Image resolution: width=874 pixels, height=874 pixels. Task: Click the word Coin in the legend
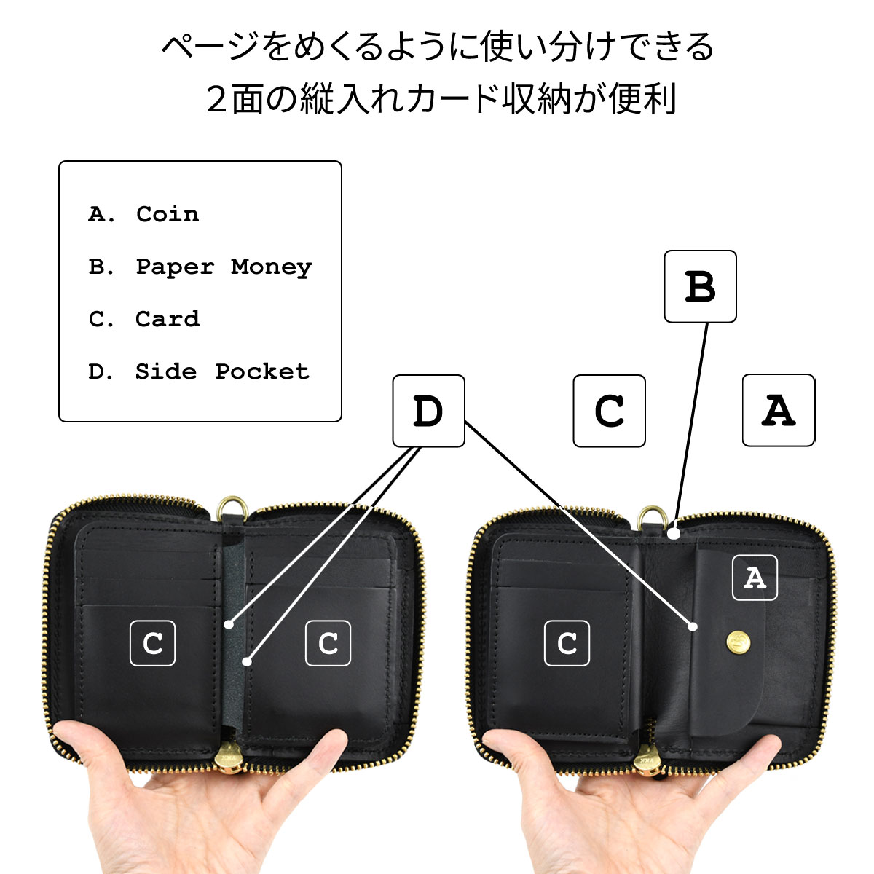click(x=168, y=214)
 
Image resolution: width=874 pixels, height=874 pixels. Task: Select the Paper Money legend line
click(x=200, y=267)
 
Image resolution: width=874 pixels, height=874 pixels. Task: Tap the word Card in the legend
click(x=168, y=319)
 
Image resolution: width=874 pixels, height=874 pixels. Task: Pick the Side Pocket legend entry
click(x=199, y=371)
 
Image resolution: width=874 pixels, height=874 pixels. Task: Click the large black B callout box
click(x=700, y=286)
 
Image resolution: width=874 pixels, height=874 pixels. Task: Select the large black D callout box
click(x=428, y=411)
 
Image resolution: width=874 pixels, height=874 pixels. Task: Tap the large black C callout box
click(x=609, y=411)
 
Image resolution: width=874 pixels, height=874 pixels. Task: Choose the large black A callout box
click(x=779, y=410)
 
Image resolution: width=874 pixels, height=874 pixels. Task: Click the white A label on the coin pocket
click(x=755, y=578)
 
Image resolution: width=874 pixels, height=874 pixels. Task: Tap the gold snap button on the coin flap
click(x=738, y=642)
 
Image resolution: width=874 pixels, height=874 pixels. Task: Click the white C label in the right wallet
click(x=567, y=643)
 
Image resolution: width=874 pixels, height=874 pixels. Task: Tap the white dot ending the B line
click(x=674, y=533)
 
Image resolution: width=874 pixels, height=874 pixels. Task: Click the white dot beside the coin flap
click(x=693, y=627)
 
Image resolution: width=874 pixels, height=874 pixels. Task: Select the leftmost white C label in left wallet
click(x=152, y=643)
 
